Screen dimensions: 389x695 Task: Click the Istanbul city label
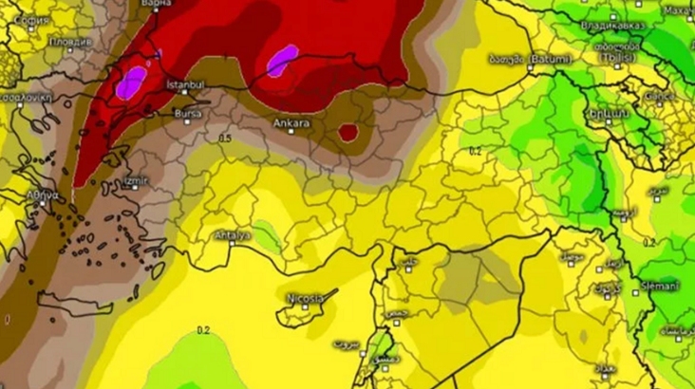[x=186, y=85]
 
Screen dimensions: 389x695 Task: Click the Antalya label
[x=231, y=234]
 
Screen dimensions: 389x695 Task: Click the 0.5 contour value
[x=224, y=139]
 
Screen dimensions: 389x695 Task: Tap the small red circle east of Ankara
[x=348, y=132]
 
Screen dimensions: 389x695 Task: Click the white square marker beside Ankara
[x=292, y=132]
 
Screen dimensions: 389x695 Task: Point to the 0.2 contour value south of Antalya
[x=202, y=330]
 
